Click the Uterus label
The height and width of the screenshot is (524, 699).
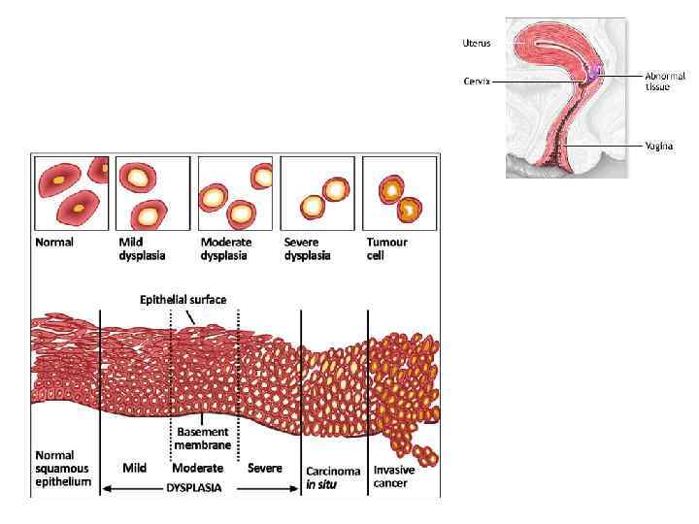(x=476, y=43)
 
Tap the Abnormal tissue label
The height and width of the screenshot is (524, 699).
(x=665, y=81)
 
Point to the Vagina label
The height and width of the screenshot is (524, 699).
(x=659, y=146)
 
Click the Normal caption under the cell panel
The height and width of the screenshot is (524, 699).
(x=54, y=242)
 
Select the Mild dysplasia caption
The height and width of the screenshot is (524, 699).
(x=142, y=248)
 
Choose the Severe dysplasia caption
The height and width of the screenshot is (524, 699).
(x=308, y=248)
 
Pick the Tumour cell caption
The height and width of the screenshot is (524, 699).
(x=386, y=248)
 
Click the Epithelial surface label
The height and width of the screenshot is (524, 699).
(x=188, y=300)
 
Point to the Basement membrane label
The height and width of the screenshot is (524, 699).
(x=204, y=440)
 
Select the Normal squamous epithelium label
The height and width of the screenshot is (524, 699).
(x=63, y=468)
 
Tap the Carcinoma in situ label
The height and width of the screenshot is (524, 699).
(x=333, y=477)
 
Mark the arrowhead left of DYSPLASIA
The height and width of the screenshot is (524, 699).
(x=105, y=488)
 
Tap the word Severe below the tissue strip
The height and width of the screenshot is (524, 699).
(x=265, y=468)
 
